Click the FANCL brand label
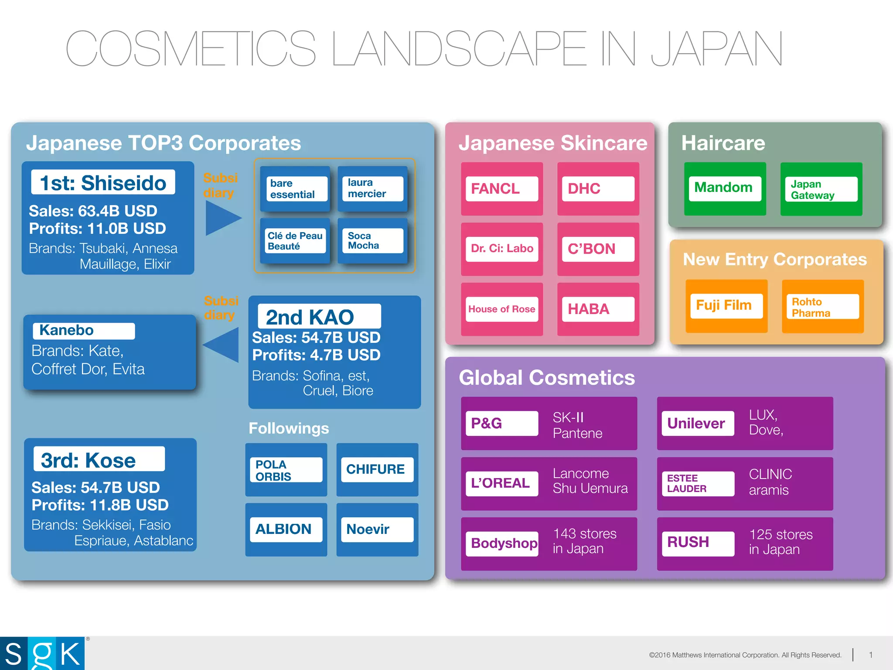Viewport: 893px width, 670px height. point(501,188)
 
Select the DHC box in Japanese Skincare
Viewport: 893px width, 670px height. point(598,188)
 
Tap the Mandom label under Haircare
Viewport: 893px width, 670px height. point(725,188)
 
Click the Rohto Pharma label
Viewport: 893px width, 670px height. point(822,307)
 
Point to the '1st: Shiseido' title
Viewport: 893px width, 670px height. point(103,182)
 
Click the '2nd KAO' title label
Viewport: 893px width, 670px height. point(319,316)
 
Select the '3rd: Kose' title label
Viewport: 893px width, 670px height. point(99,459)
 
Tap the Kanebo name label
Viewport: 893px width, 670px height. point(84,331)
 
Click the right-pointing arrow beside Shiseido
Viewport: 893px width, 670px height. point(222,217)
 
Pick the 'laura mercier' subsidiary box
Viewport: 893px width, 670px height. point(372,188)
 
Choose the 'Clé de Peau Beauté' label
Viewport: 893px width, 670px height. point(295,241)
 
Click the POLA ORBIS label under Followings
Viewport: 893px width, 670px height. point(286,470)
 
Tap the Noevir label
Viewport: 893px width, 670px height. point(377,530)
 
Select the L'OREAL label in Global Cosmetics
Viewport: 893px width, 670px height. point(501,483)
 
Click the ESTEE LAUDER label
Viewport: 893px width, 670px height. point(698,483)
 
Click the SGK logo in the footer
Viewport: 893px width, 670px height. point(43,653)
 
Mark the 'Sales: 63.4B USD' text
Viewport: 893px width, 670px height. point(93,211)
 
